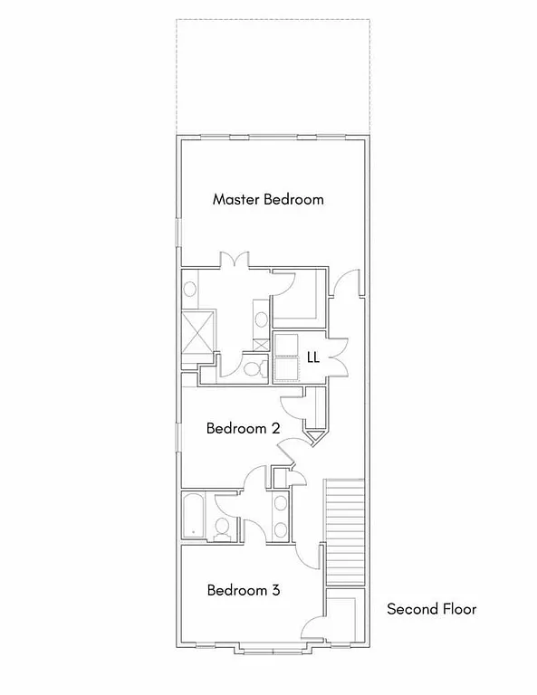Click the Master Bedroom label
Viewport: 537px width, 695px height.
pos(268,199)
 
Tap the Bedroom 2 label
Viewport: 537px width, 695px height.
pos(243,428)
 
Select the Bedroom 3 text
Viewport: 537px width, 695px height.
pos(243,590)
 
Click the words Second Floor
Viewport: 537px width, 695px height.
pos(431,609)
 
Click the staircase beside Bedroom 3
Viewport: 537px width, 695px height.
pos(343,534)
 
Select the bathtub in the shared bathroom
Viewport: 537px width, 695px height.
pos(195,517)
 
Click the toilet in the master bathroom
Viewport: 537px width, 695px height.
pos(253,368)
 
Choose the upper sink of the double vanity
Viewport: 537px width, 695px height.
pos(280,504)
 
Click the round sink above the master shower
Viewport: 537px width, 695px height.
pos(191,290)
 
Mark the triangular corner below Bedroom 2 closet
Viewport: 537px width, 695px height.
pos(316,438)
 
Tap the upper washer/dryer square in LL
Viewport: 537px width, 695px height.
pos(286,345)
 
